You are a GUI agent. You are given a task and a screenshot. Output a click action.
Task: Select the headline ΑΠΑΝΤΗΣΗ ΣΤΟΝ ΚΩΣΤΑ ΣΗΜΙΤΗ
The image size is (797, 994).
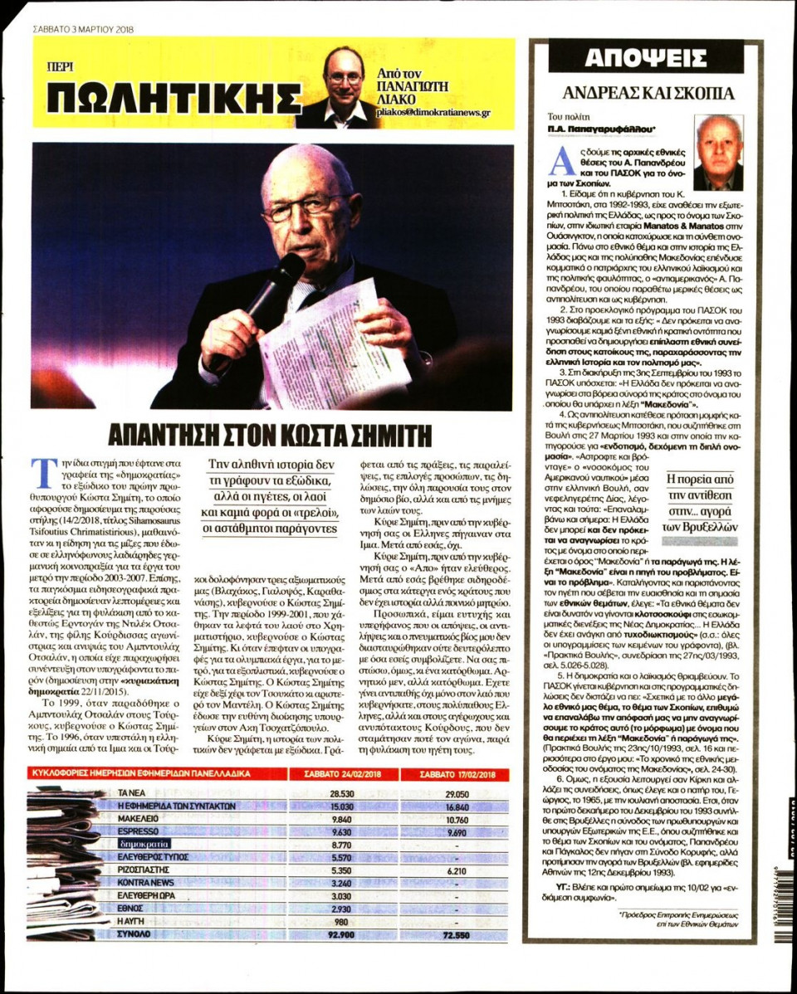272,433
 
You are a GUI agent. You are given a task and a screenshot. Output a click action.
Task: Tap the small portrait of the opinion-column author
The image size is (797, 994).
718,153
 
